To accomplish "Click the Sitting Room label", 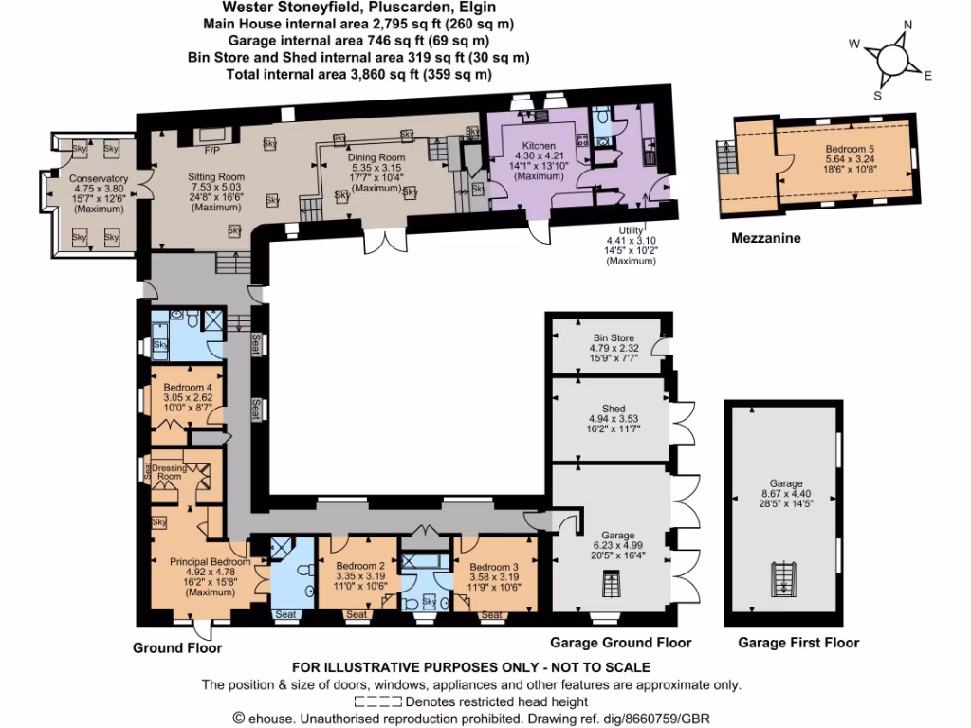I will tap(218, 176).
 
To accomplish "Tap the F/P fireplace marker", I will tap(211, 151).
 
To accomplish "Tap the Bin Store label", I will tap(614, 337).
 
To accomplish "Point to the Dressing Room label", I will tap(169, 471).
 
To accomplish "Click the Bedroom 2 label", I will tap(360, 567).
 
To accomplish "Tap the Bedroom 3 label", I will tap(493, 567).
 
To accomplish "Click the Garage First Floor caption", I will tap(798, 643).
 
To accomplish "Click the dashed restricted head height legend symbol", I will tap(377, 702).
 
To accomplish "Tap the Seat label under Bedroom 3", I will tap(491, 615).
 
